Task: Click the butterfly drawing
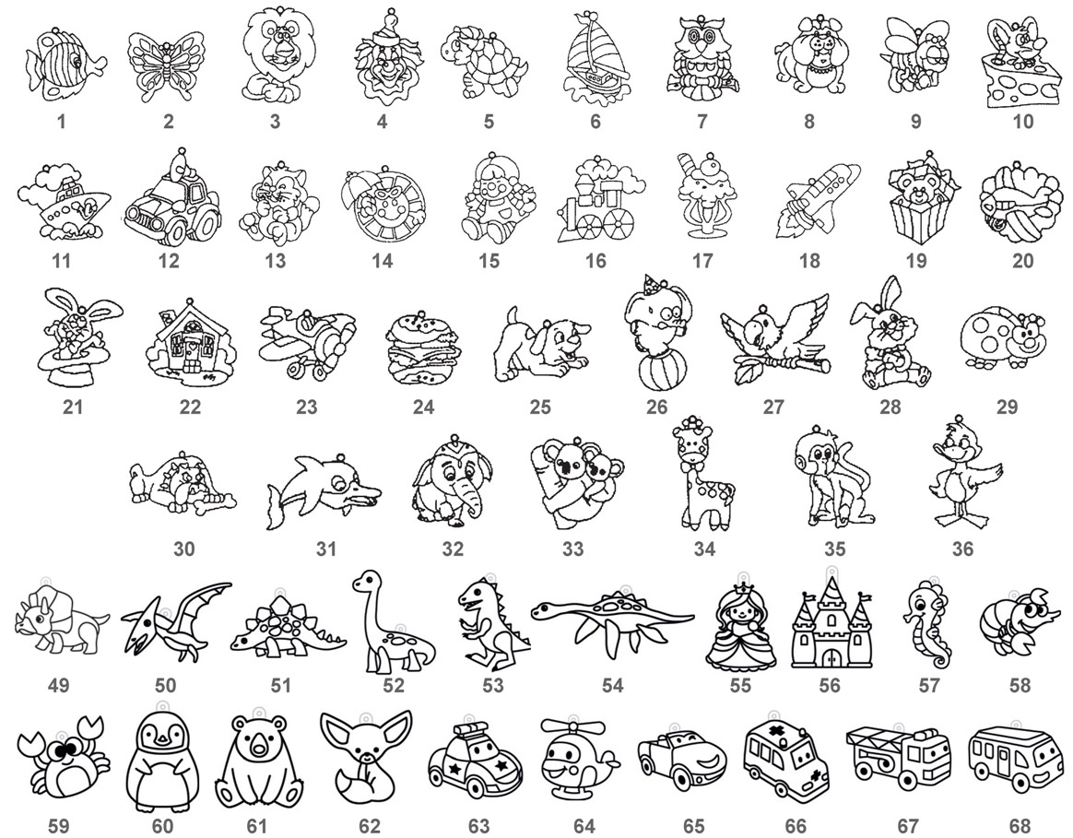coord(166,67)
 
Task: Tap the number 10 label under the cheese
coord(1022,122)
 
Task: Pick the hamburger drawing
coord(422,348)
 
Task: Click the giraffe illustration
coord(702,476)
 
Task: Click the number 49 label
coord(59,685)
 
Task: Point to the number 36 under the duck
coord(962,549)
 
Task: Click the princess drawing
coord(741,624)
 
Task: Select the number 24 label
coord(424,407)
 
